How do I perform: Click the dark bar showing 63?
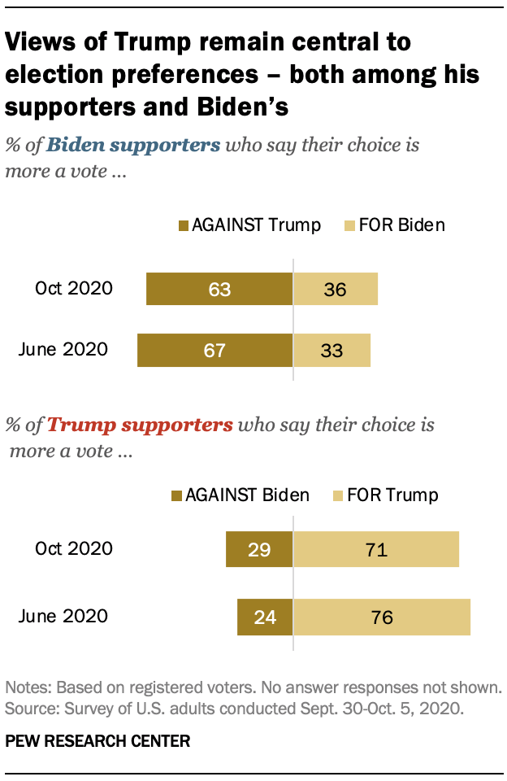pos(219,289)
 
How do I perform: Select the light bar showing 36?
pos(335,289)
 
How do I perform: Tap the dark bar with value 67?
pos(214,351)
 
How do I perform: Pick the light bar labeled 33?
pos(331,351)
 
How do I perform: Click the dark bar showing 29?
pos(258,550)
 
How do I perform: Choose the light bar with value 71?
pos(375,550)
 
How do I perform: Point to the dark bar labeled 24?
pos(264,617)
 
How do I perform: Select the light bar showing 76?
pos(381,617)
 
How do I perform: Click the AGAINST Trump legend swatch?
pos(183,225)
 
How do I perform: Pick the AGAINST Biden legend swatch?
pos(175,495)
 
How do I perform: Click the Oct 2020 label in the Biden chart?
pos(73,289)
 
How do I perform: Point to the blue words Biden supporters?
pos(132,146)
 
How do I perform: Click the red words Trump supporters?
pos(140,425)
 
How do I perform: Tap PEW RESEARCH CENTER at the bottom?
pos(98,741)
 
